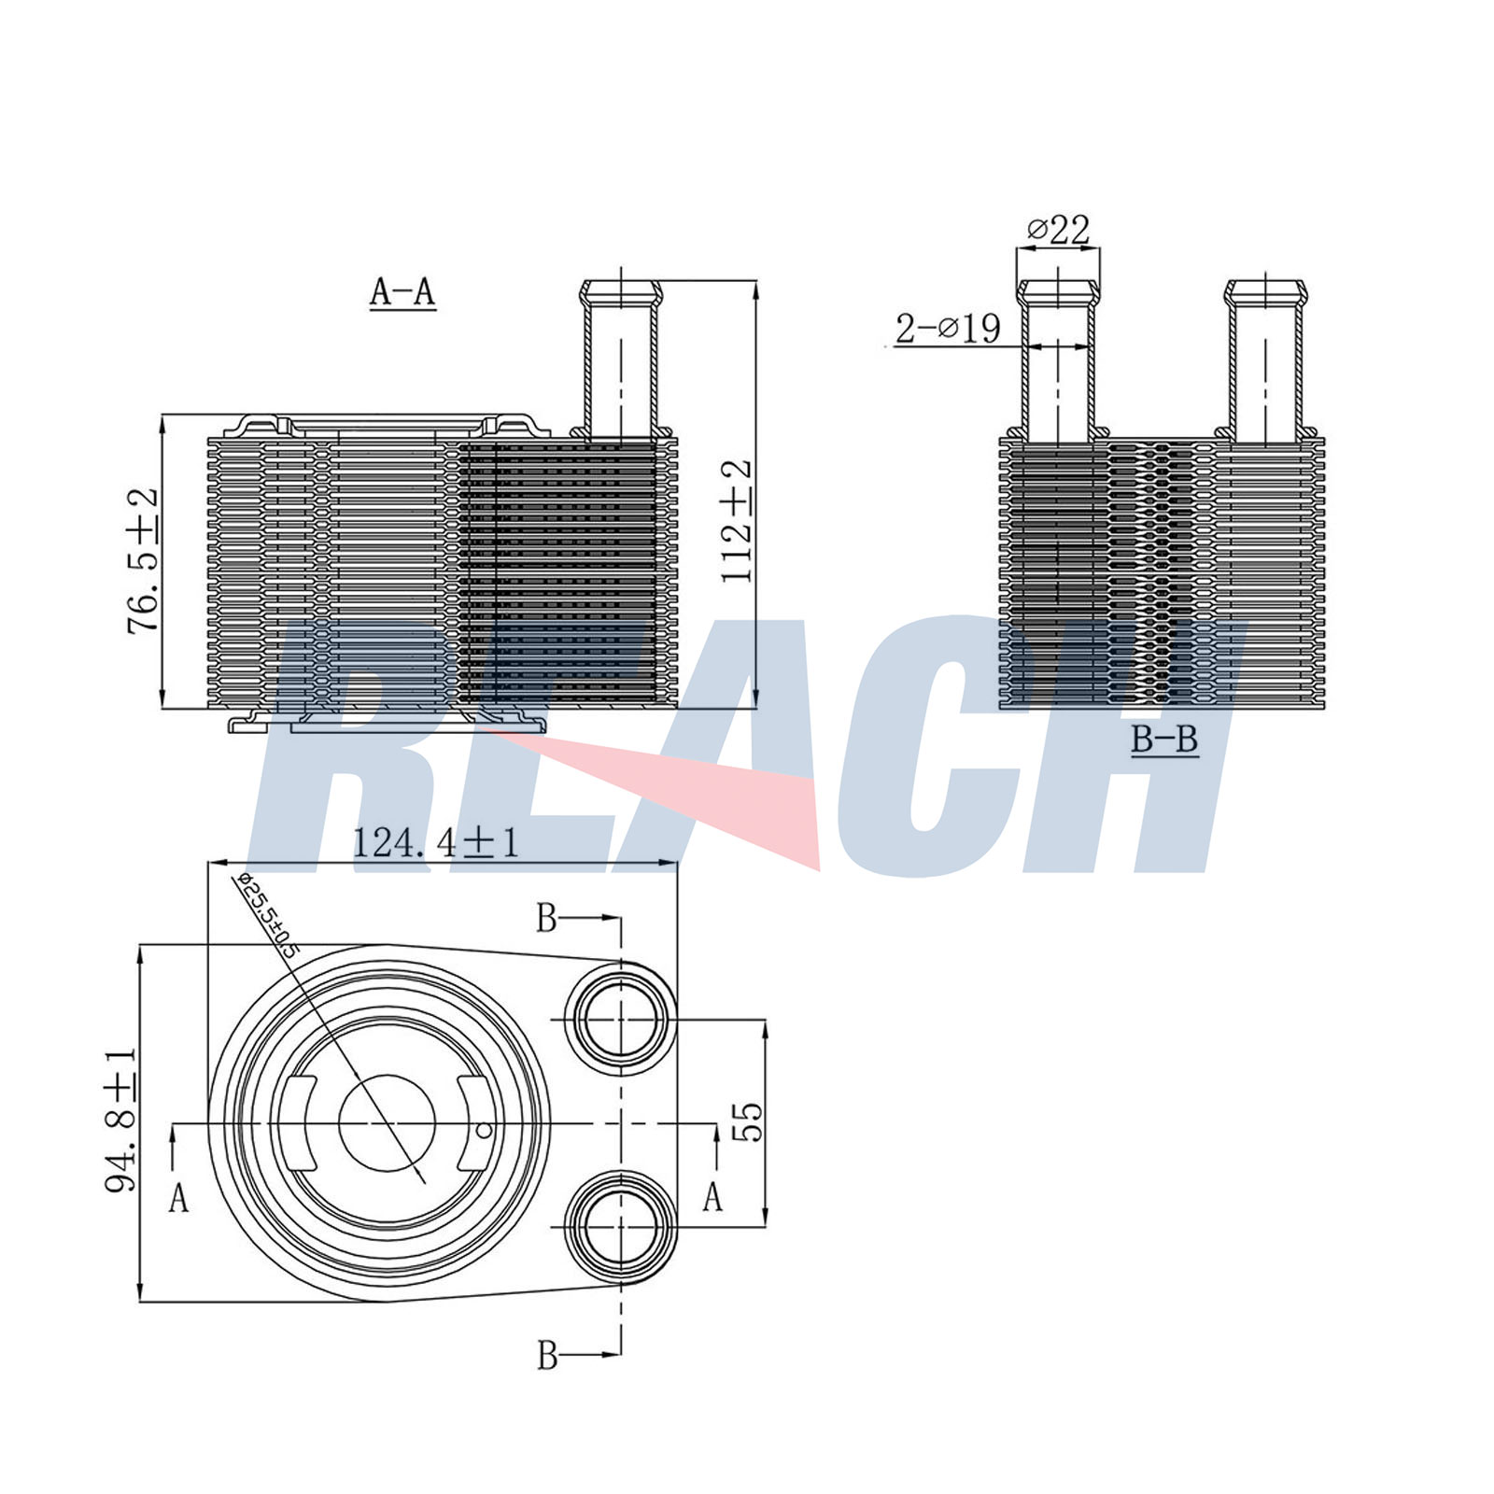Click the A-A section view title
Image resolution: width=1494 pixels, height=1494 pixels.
(x=402, y=292)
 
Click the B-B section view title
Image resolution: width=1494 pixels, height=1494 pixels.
(x=1163, y=740)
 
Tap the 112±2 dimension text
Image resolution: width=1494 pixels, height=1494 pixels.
(x=737, y=521)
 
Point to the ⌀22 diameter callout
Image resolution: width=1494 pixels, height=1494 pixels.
(x=1058, y=229)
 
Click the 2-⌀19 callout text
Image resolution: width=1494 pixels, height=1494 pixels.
(x=948, y=329)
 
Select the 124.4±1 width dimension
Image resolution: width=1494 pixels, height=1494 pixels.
(x=434, y=843)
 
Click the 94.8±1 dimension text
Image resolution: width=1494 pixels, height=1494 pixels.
(x=121, y=1120)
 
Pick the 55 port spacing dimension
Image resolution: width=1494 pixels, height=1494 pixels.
(x=748, y=1121)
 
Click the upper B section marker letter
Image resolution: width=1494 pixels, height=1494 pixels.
(x=546, y=919)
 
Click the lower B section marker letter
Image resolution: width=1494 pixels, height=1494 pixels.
(x=547, y=1355)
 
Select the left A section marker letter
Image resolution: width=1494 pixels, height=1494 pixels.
(x=178, y=1198)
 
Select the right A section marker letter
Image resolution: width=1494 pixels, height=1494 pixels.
(x=712, y=1196)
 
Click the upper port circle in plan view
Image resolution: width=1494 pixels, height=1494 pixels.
(x=620, y=1020)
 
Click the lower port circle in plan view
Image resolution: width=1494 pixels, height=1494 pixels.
(x=620, y=1225)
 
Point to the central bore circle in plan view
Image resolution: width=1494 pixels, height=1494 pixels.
(x=387, y=1123)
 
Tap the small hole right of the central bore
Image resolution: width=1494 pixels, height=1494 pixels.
(x=484, y=1131)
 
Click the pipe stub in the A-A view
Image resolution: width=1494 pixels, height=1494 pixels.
(x=621, y=355)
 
